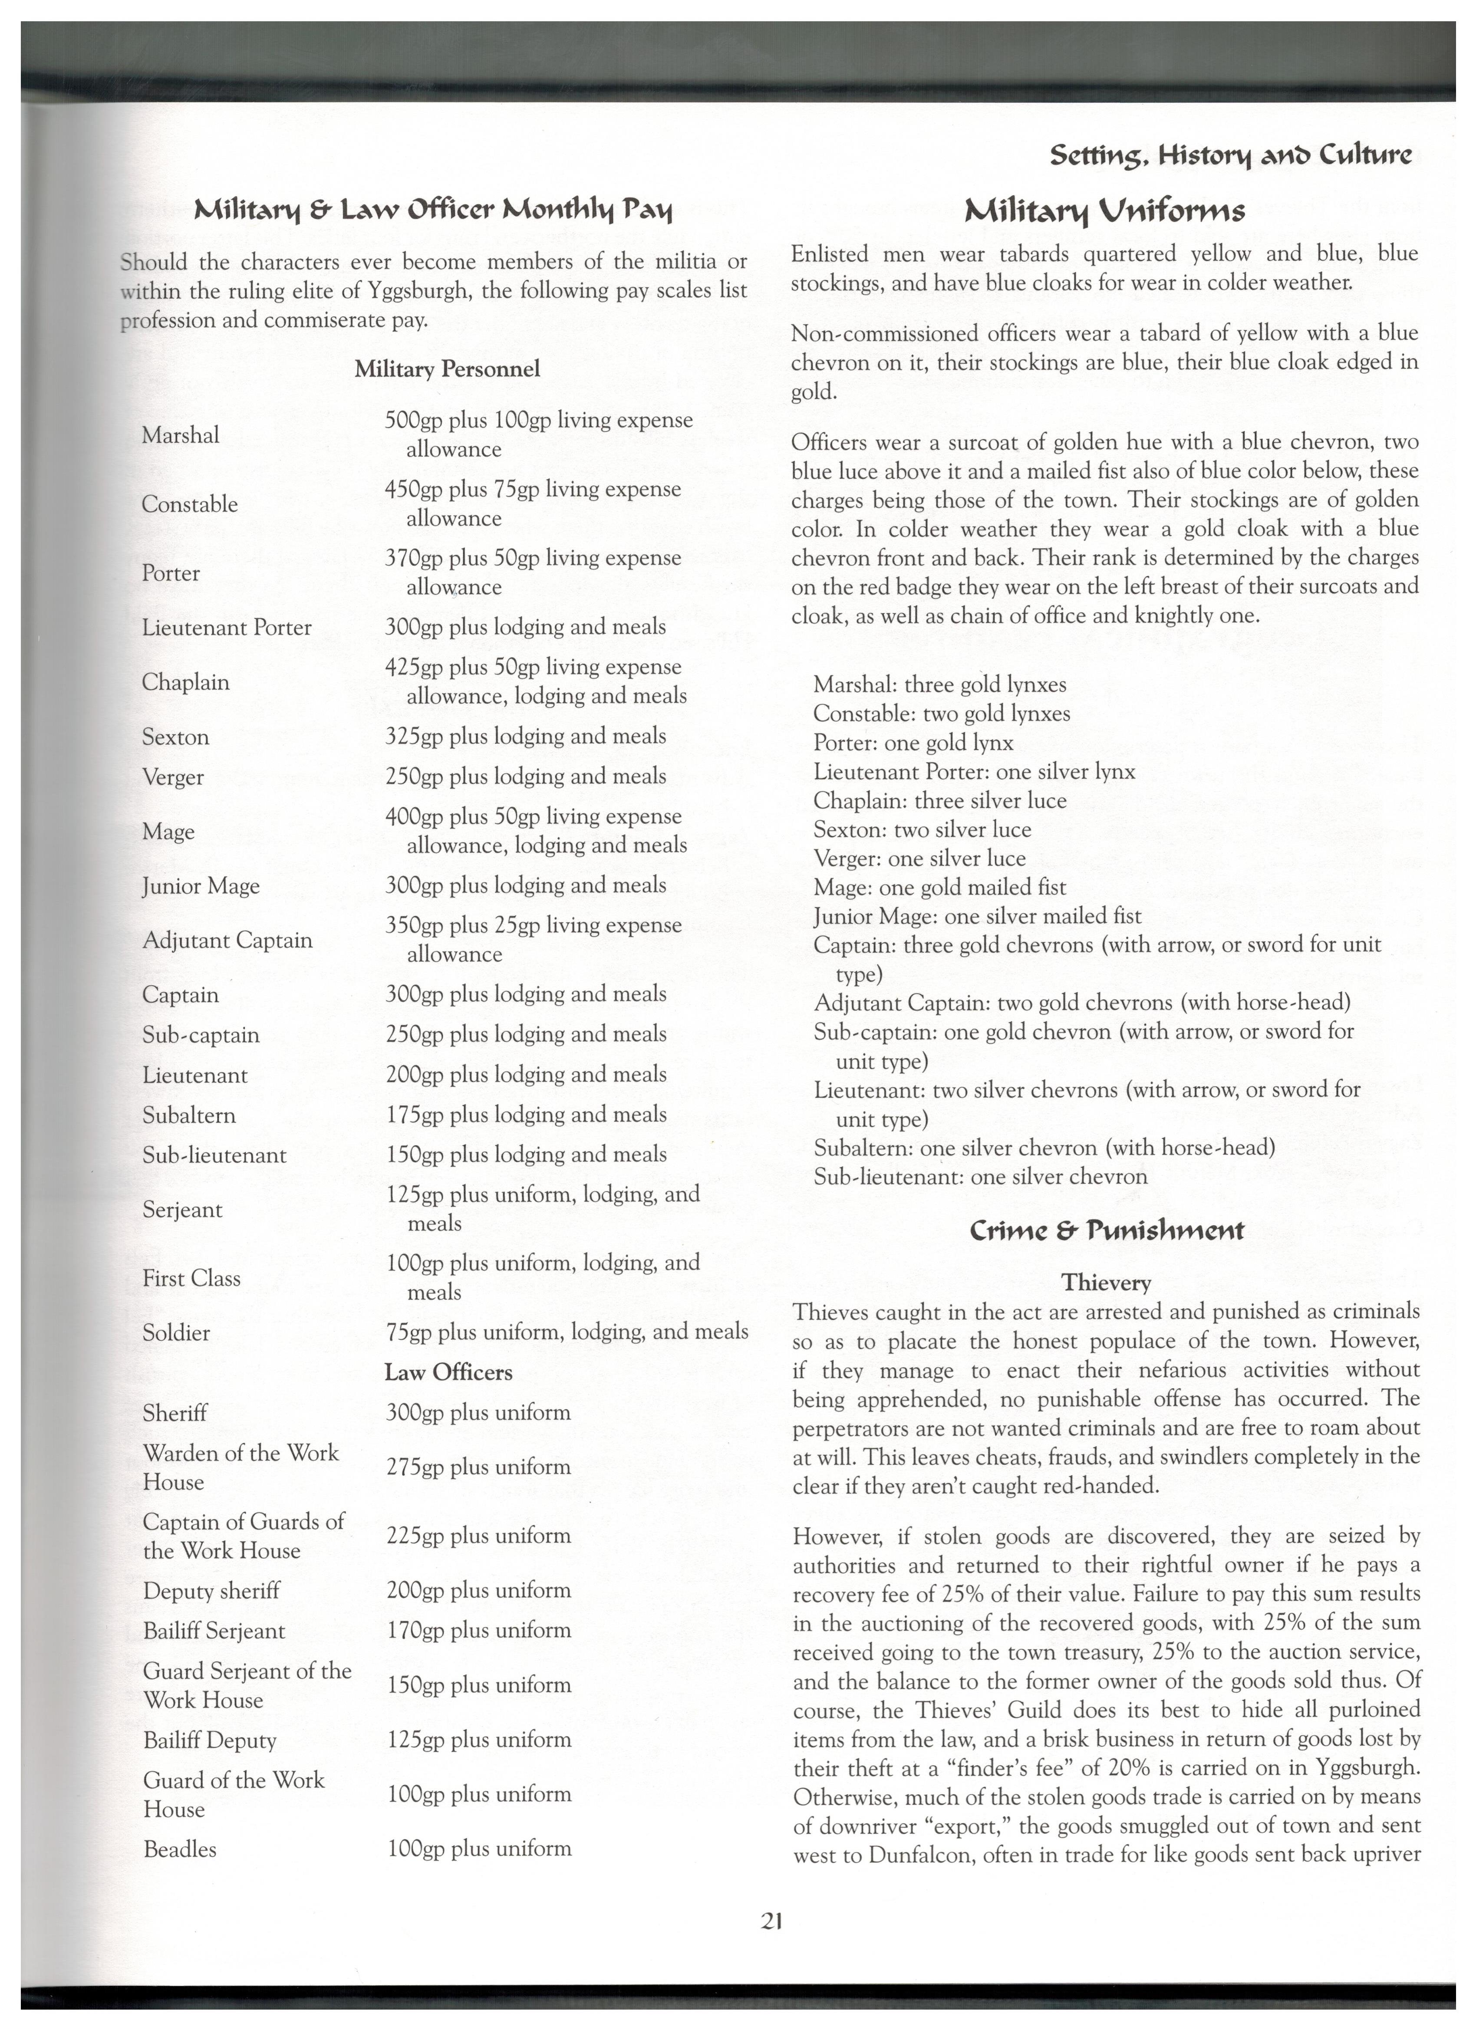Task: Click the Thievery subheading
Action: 1106,1283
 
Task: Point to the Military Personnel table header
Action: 447,369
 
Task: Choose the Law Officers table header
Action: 448,1372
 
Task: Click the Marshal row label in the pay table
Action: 180,435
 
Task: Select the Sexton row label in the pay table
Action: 175,737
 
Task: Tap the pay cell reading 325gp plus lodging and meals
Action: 525,736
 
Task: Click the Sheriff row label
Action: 175,1412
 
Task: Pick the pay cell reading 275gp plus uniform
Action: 478,1467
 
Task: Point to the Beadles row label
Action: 180,1849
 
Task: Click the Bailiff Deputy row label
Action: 209,1740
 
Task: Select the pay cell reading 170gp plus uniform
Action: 478,1630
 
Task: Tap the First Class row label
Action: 191,1278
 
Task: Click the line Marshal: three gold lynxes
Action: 940,685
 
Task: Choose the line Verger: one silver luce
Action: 919,859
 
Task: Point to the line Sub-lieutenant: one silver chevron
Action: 980,1176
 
